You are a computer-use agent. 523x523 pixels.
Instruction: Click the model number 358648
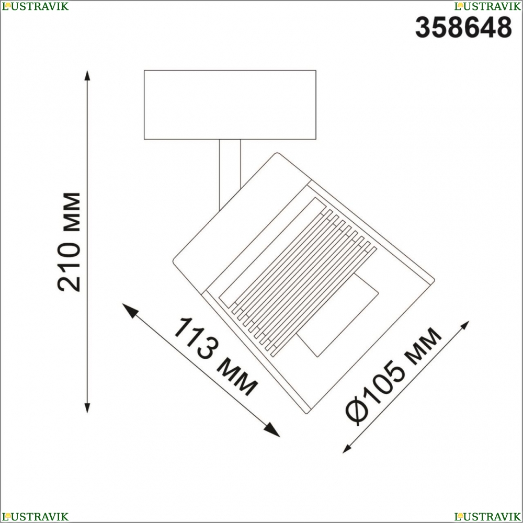coord(463,28)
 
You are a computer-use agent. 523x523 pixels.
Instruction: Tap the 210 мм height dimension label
coord(70,242)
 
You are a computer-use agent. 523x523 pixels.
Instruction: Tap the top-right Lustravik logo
coord(488,6)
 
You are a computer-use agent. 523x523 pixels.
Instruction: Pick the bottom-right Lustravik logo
coord(488,517)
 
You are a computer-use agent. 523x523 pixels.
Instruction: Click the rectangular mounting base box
coord(230,105)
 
